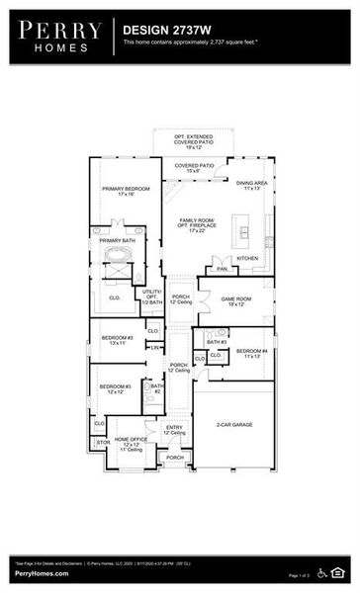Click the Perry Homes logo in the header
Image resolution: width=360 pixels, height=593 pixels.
coord(56,37)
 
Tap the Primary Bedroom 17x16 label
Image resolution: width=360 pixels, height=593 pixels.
coord(126,191)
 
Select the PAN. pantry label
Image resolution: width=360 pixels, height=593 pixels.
coord(223,268)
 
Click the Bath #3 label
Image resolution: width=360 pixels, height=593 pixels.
coord(216,342)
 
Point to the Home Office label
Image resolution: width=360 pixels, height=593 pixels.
coord(132,444)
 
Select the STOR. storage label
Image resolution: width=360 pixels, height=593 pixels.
coord(101,442)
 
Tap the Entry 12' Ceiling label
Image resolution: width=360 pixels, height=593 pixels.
coord(175,430)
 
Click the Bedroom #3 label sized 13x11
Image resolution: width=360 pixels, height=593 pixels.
coord(117,341)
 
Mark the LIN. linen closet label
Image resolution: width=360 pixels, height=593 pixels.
coord(155,347)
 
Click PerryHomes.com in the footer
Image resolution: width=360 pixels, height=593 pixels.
coord(42,574)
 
